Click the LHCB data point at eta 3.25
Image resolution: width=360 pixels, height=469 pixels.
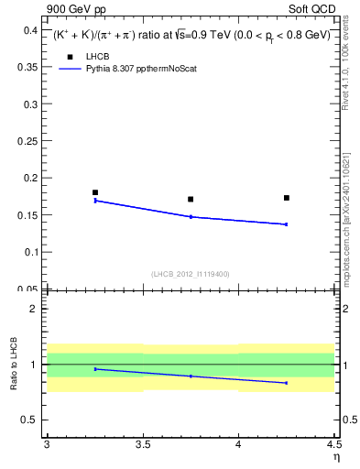tap(95, 192)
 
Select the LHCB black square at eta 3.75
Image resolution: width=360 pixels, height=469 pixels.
tap(191, 199)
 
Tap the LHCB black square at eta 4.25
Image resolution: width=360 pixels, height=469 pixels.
tap(287, 198)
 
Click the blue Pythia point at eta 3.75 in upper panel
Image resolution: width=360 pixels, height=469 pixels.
tap(191, 216)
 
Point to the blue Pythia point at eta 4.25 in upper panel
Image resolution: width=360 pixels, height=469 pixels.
tap(287, 224)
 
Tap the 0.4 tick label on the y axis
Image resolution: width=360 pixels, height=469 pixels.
tap(31, 30)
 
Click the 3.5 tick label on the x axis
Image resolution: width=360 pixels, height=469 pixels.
tap(143, 445)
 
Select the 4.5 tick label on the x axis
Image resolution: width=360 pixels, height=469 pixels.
tap(333, 445)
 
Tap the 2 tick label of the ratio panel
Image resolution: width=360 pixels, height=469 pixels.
tap(36, 309)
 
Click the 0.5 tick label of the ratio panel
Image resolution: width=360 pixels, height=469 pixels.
tap(31, 420)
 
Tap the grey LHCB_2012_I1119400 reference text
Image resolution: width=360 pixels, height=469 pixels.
tap(190, 273)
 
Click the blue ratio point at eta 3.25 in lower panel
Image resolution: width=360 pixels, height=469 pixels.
tap(95, 369)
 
